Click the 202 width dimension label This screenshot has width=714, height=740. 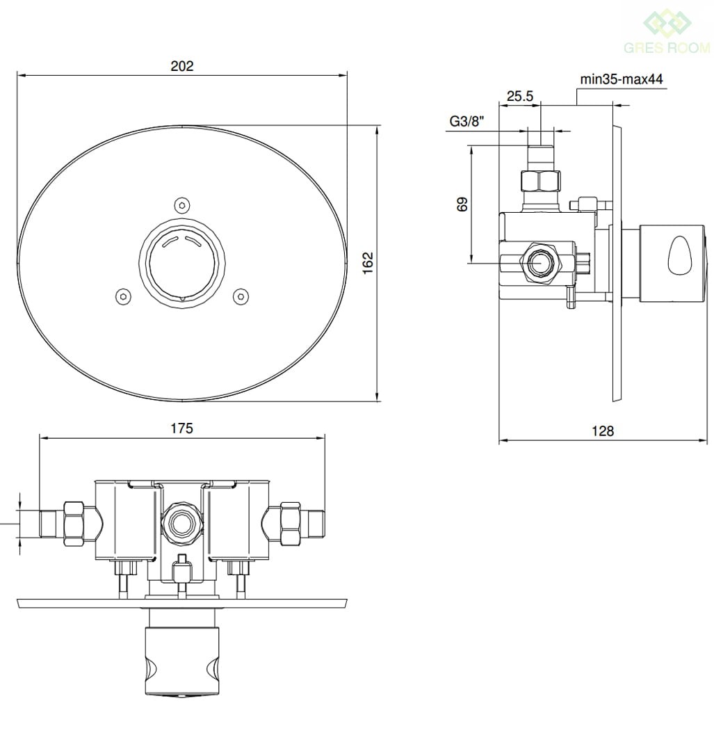coord(181,65)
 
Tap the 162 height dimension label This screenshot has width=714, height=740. coord(368,263)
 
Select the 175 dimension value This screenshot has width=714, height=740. coord(181,428)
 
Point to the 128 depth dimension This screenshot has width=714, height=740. coord(603,431)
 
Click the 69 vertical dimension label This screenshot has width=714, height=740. coord(462,204)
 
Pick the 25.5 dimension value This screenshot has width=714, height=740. coord(519,96)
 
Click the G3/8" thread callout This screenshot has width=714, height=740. coord(466,122)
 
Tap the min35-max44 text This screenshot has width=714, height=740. coord(621,79)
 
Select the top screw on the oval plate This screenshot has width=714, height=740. coord(182,205)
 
